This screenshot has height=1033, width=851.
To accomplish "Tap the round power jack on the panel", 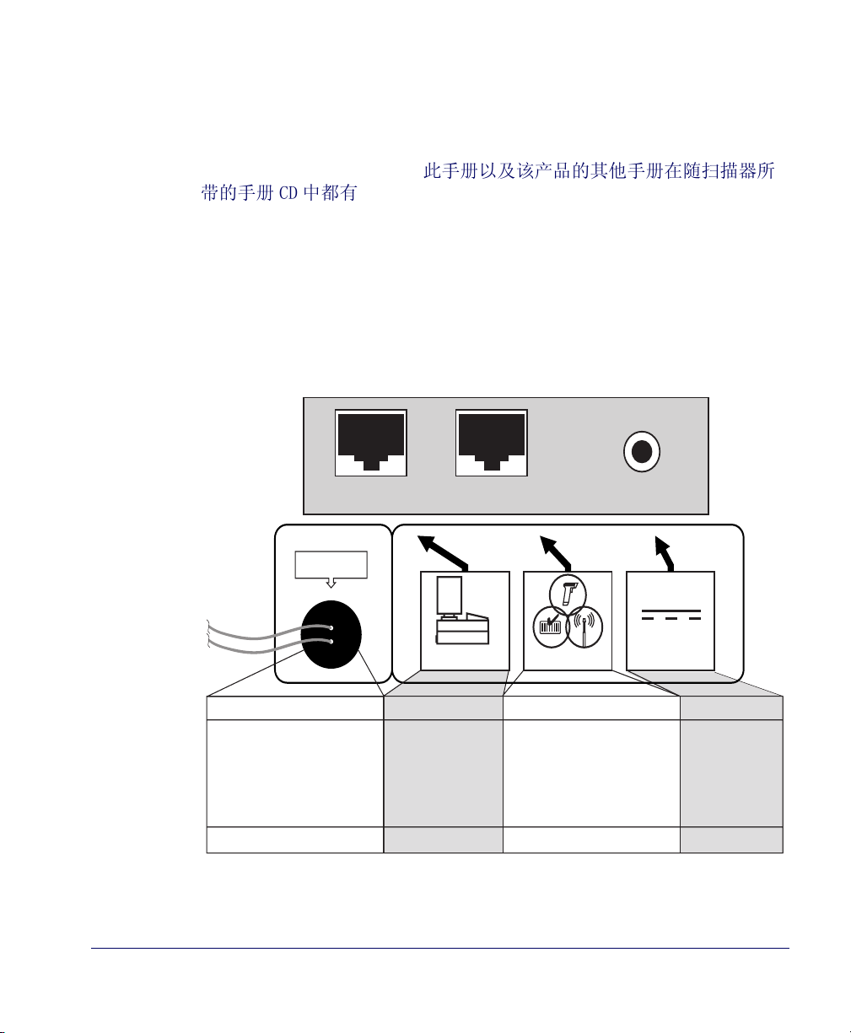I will click(641, 453).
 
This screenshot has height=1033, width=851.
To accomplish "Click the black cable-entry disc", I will click(331, 633).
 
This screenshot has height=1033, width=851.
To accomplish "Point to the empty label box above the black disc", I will click(331, 564).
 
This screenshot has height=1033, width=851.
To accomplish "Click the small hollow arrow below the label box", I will click(331, 583).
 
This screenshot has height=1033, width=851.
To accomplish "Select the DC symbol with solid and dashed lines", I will click(671, 614).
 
